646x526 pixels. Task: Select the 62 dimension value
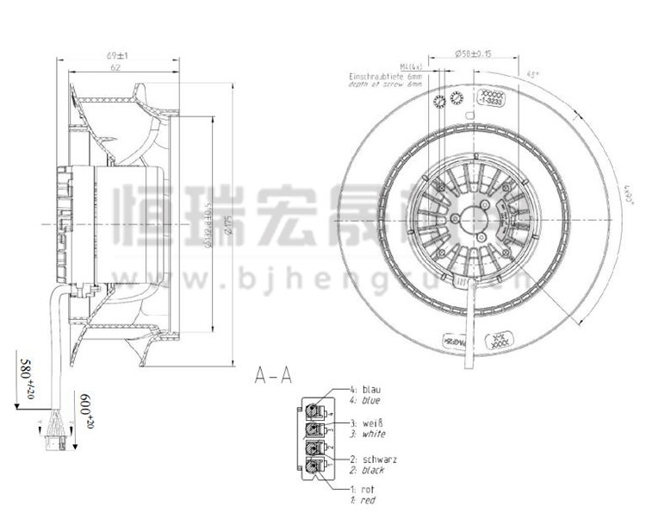(x=115, y=67)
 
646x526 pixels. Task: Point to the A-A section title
(x=275, y=376)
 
